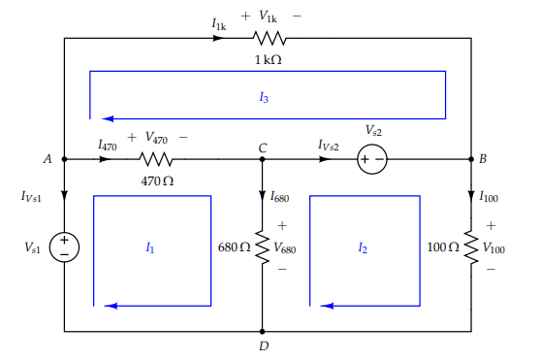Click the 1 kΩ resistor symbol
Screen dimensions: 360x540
point(270,39)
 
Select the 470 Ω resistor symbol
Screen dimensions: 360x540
point(156,158)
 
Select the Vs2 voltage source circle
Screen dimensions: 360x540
point(373,158)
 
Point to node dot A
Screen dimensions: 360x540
point(64,158)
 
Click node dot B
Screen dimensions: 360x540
point(471,158)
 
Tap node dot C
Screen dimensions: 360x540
point(262,158)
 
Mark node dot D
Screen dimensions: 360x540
point(262,331)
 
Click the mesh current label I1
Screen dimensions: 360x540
point(149,247)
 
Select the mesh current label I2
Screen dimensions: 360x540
point(362,247)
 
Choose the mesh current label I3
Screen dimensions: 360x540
point(264,97)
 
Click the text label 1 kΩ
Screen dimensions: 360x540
point(269,59)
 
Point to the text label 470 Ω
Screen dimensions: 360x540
point(156,180)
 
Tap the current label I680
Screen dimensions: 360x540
point(279,196)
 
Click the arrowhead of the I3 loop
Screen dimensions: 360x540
point(97,114)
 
